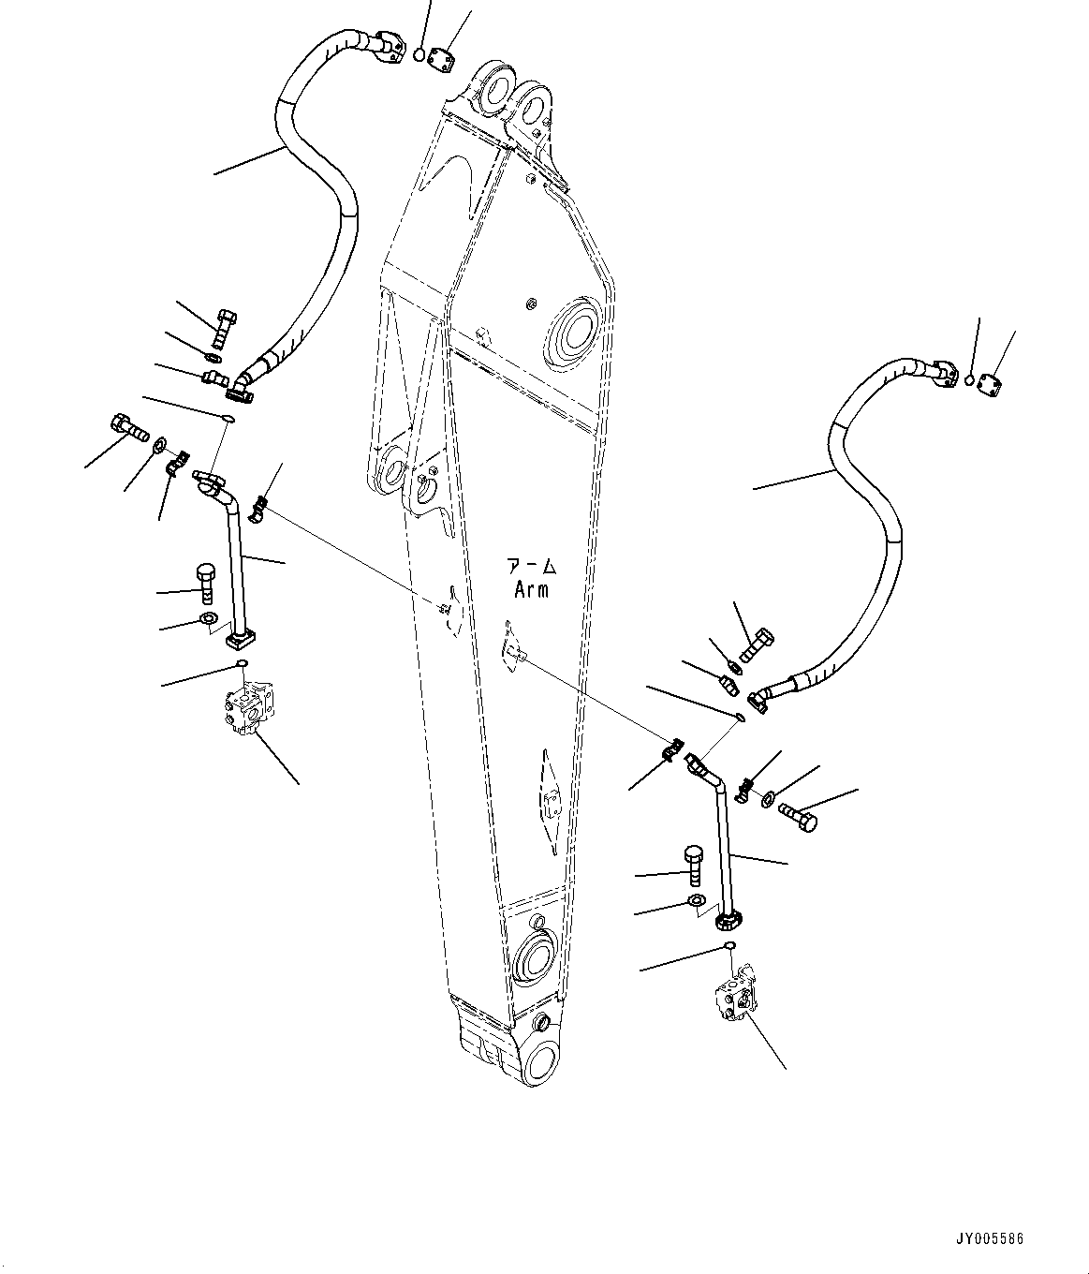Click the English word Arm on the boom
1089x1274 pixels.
(531, 590)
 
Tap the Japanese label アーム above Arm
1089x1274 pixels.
(531, 567)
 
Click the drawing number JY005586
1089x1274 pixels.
(991, 1237)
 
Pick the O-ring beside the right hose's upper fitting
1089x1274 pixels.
(971, 380)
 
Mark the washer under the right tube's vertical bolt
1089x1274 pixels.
(697, 901)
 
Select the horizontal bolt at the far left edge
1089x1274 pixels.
(128, 428)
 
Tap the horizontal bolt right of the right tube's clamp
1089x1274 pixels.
(799, 817)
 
